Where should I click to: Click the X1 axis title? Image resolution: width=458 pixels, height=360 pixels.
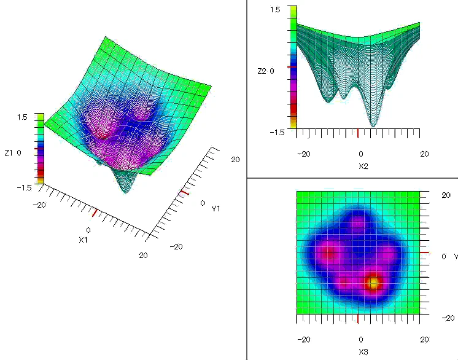83,240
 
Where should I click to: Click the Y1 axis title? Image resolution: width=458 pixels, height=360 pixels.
216,209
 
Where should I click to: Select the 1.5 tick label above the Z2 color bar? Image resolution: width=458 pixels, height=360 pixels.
275,10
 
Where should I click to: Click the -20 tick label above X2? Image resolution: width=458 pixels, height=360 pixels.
303,154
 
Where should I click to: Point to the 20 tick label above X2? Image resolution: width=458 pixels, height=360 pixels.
424,154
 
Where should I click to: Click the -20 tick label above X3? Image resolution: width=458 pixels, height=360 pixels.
303,339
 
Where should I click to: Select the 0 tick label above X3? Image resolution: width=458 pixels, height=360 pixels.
360,339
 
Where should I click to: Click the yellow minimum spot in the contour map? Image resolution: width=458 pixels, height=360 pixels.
372,283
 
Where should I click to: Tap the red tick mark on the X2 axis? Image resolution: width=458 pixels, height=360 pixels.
358,133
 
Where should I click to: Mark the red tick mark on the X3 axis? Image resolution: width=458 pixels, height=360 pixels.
358,319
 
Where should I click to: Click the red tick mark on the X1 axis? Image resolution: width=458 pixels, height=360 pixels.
94,213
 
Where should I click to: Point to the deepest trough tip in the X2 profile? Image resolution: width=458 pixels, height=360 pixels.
373,125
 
